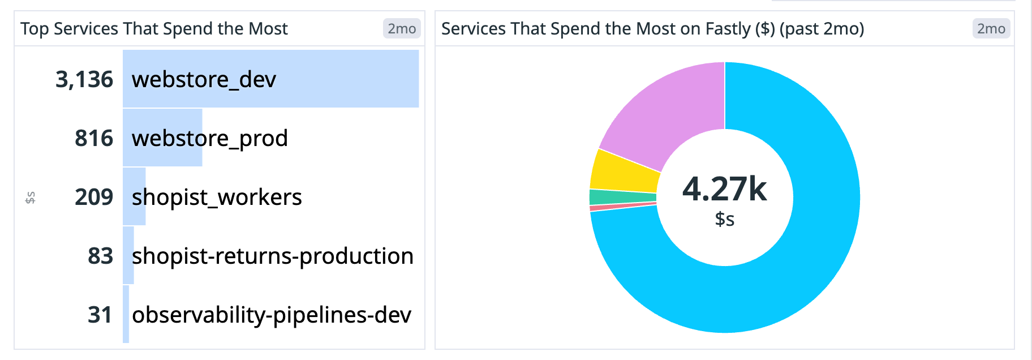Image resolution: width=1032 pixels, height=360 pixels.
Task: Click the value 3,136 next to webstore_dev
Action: point(84,79)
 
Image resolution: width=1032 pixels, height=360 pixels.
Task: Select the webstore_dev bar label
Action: point(204,80)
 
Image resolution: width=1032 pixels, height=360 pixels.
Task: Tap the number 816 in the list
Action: point(94,138)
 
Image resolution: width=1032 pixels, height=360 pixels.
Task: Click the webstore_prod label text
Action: point(209,139)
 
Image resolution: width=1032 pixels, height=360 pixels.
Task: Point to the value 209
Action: point(94,197)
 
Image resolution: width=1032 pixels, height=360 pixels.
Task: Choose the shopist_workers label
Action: point(217,198)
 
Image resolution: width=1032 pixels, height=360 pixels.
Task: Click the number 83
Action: point(100,256)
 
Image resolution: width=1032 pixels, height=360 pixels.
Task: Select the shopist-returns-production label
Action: point(272,256)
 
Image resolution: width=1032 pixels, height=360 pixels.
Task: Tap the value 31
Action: point(100,315)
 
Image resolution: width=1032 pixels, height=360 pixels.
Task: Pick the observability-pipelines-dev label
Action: point(272,315)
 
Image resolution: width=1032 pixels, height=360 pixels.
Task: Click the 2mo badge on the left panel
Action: point(402,28)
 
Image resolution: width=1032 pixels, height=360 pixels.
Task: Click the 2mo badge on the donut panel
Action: point(991,28)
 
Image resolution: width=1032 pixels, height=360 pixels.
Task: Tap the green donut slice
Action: point(622,197)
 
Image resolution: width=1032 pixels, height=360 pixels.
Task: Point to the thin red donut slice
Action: point(622,207)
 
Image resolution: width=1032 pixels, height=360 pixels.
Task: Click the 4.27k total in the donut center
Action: point(724,189)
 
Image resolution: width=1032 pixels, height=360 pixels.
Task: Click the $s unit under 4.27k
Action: point(724,219)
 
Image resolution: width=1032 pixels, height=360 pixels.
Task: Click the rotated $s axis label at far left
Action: point(31,198)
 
